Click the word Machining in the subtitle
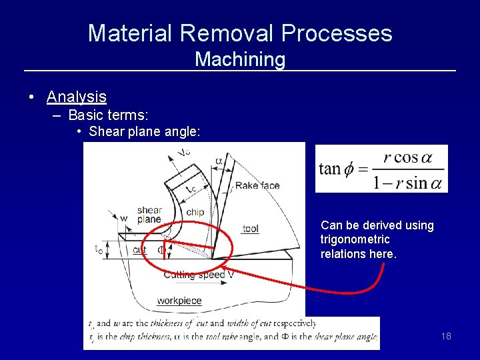point(240,59)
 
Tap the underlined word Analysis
point(76,97)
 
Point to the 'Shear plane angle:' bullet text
point(143,131)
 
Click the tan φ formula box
point(381,169)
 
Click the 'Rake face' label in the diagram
point(257,185)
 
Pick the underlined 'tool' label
point(251,229)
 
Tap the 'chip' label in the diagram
point(195,212)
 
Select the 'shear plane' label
point(149,215)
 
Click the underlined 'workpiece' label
point(179,301)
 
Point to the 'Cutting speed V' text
point(199,275)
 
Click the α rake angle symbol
point(219,161)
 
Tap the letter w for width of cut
point(124,217)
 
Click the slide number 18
point(446,336)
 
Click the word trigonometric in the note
point(355,239)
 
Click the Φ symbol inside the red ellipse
point(161,250)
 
